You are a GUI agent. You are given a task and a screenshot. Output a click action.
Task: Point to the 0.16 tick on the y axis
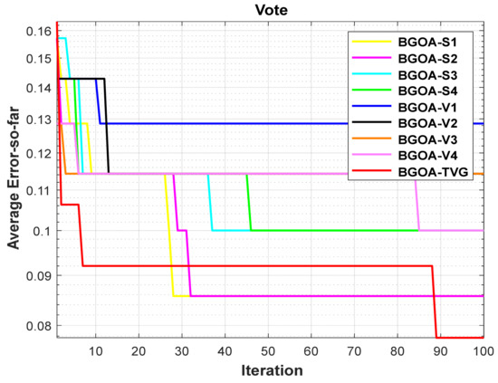click(39, 32)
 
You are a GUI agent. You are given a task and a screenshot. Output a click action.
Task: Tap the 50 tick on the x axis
click(268, 351)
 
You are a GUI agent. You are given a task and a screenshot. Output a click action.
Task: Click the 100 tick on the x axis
click(483, 351)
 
